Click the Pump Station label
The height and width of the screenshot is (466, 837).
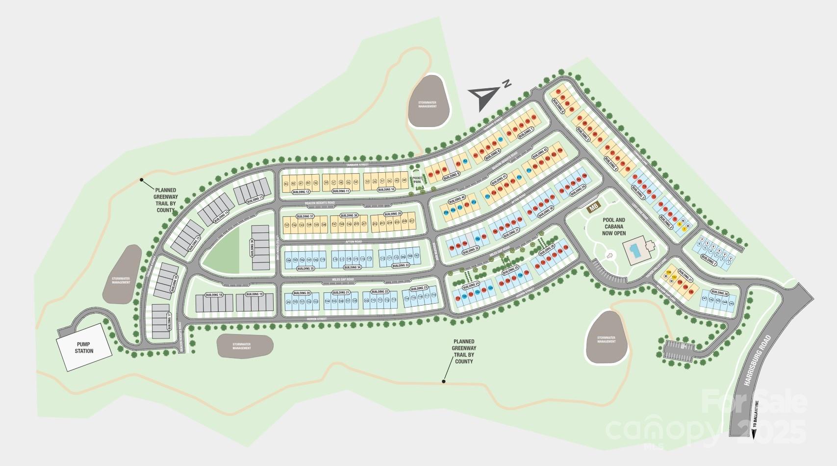point(84,348)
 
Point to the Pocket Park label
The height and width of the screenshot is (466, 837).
point(417,180)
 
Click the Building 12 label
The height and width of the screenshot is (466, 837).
point(301,192)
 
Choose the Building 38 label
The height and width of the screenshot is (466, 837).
point(349,216)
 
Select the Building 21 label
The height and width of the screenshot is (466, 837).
point(340,292)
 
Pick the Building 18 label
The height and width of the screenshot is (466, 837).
point(214,294)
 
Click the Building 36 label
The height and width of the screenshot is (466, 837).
point(252,248)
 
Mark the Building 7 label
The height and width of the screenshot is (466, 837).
point(525,131)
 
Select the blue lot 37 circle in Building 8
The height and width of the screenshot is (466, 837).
point(500,139)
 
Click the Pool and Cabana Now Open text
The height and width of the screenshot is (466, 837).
point(613,227)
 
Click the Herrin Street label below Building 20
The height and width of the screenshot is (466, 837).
point(317,319)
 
